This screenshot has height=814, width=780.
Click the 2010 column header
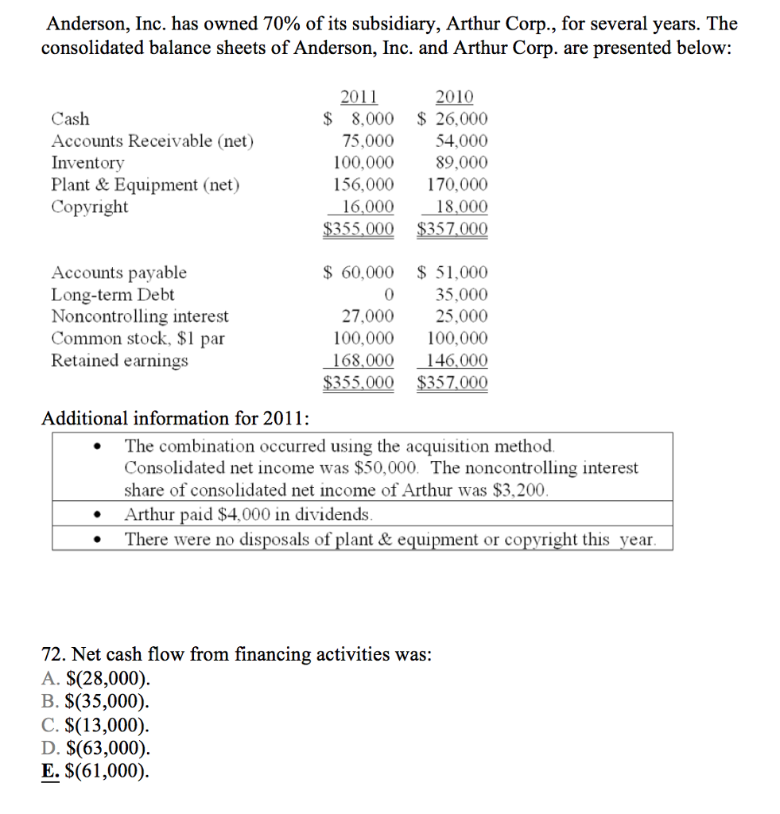(455, 98)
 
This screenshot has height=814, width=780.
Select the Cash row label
(71, 119)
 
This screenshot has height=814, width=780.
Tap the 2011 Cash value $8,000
(359, 119)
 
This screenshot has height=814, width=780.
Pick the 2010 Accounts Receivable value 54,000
(462, 141)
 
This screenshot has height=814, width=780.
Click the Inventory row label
(87, 163)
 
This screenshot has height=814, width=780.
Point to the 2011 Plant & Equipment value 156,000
(367, 185)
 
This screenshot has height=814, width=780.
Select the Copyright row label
(90, 207)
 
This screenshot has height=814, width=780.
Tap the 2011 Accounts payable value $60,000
(359, 273)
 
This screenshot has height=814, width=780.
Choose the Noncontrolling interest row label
(140, 316)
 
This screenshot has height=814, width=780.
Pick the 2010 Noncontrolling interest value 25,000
(462, 316)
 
